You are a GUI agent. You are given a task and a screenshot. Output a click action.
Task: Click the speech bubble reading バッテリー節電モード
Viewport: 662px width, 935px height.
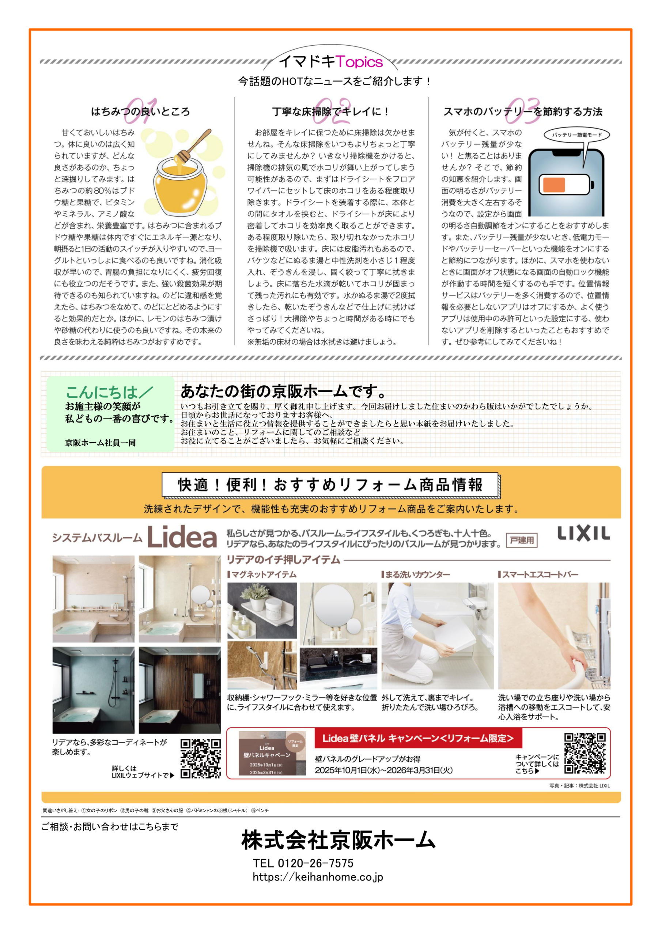pyautogui.click(x=577, y=135)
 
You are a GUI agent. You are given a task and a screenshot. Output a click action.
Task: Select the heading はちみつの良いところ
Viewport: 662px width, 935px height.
pyautogui.click(x=140, y=112)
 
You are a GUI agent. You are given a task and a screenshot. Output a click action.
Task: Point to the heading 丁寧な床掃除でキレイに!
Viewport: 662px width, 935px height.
pyautogui.click(x=331, y=112)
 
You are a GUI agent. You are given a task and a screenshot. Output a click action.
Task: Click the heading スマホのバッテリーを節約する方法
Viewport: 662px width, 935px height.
pyautogui.click(x=523, y=112)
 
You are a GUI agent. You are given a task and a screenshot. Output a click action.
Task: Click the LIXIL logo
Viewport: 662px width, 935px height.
pyautogui.click(x=583, y=533)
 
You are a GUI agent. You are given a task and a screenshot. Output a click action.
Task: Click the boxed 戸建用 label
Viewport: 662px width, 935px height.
pyautogui.click(x=522, y=541)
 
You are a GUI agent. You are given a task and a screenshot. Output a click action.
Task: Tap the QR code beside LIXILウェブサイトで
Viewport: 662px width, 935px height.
pyautogui.click(x=201, y=758)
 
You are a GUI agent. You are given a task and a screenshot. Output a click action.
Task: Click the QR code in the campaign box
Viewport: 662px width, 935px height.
pyautogui.click(x=585, y=753)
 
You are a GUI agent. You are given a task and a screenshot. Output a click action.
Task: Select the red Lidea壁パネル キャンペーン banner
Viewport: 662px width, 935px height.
pyautogui.click(x=418, y=738)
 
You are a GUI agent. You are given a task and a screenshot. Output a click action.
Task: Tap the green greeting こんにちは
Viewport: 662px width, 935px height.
pyautogui.click(x=102, y=392)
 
